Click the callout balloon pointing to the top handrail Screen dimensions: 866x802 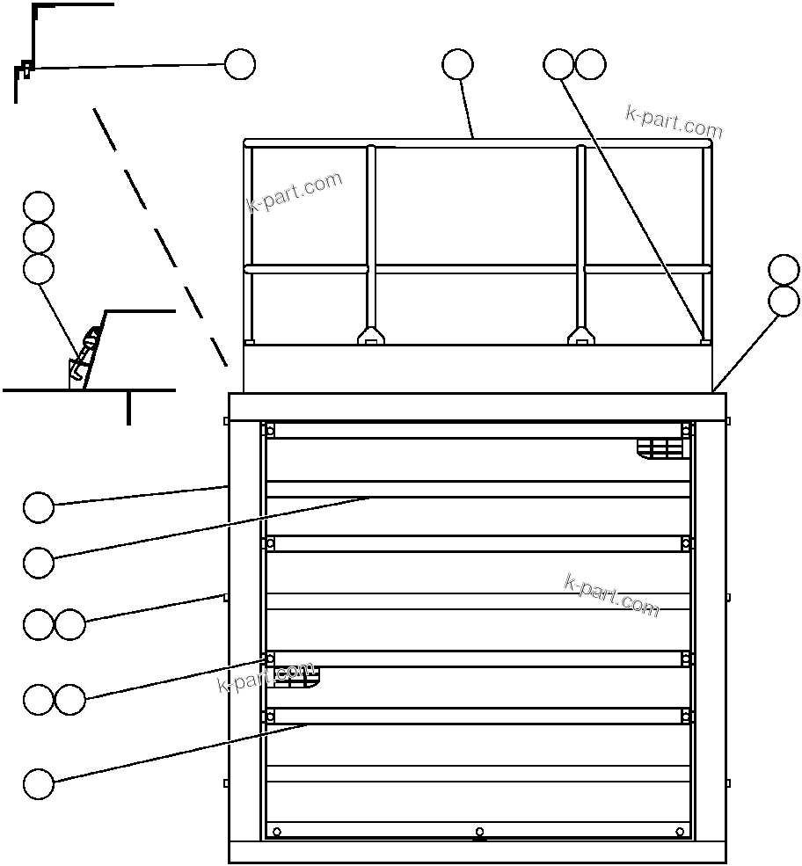457,64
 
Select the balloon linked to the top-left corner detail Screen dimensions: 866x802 240,64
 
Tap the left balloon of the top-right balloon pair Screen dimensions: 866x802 558,64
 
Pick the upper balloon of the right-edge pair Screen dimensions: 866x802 784,269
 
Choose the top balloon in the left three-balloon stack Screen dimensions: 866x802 39,207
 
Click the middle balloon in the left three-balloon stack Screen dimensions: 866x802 39,237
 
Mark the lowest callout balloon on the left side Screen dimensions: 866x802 39,783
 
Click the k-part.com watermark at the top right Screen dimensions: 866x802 674,123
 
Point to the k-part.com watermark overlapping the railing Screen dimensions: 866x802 294,193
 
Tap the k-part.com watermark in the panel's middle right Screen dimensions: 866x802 610,595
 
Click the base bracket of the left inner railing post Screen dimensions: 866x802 371,335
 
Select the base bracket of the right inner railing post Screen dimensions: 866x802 580,335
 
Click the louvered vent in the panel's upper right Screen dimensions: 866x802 660,448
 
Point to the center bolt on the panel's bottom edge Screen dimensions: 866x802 479,832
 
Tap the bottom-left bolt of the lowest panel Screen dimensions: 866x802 277,832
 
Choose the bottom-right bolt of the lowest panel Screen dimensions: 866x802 680,832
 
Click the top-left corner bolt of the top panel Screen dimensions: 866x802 270,430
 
